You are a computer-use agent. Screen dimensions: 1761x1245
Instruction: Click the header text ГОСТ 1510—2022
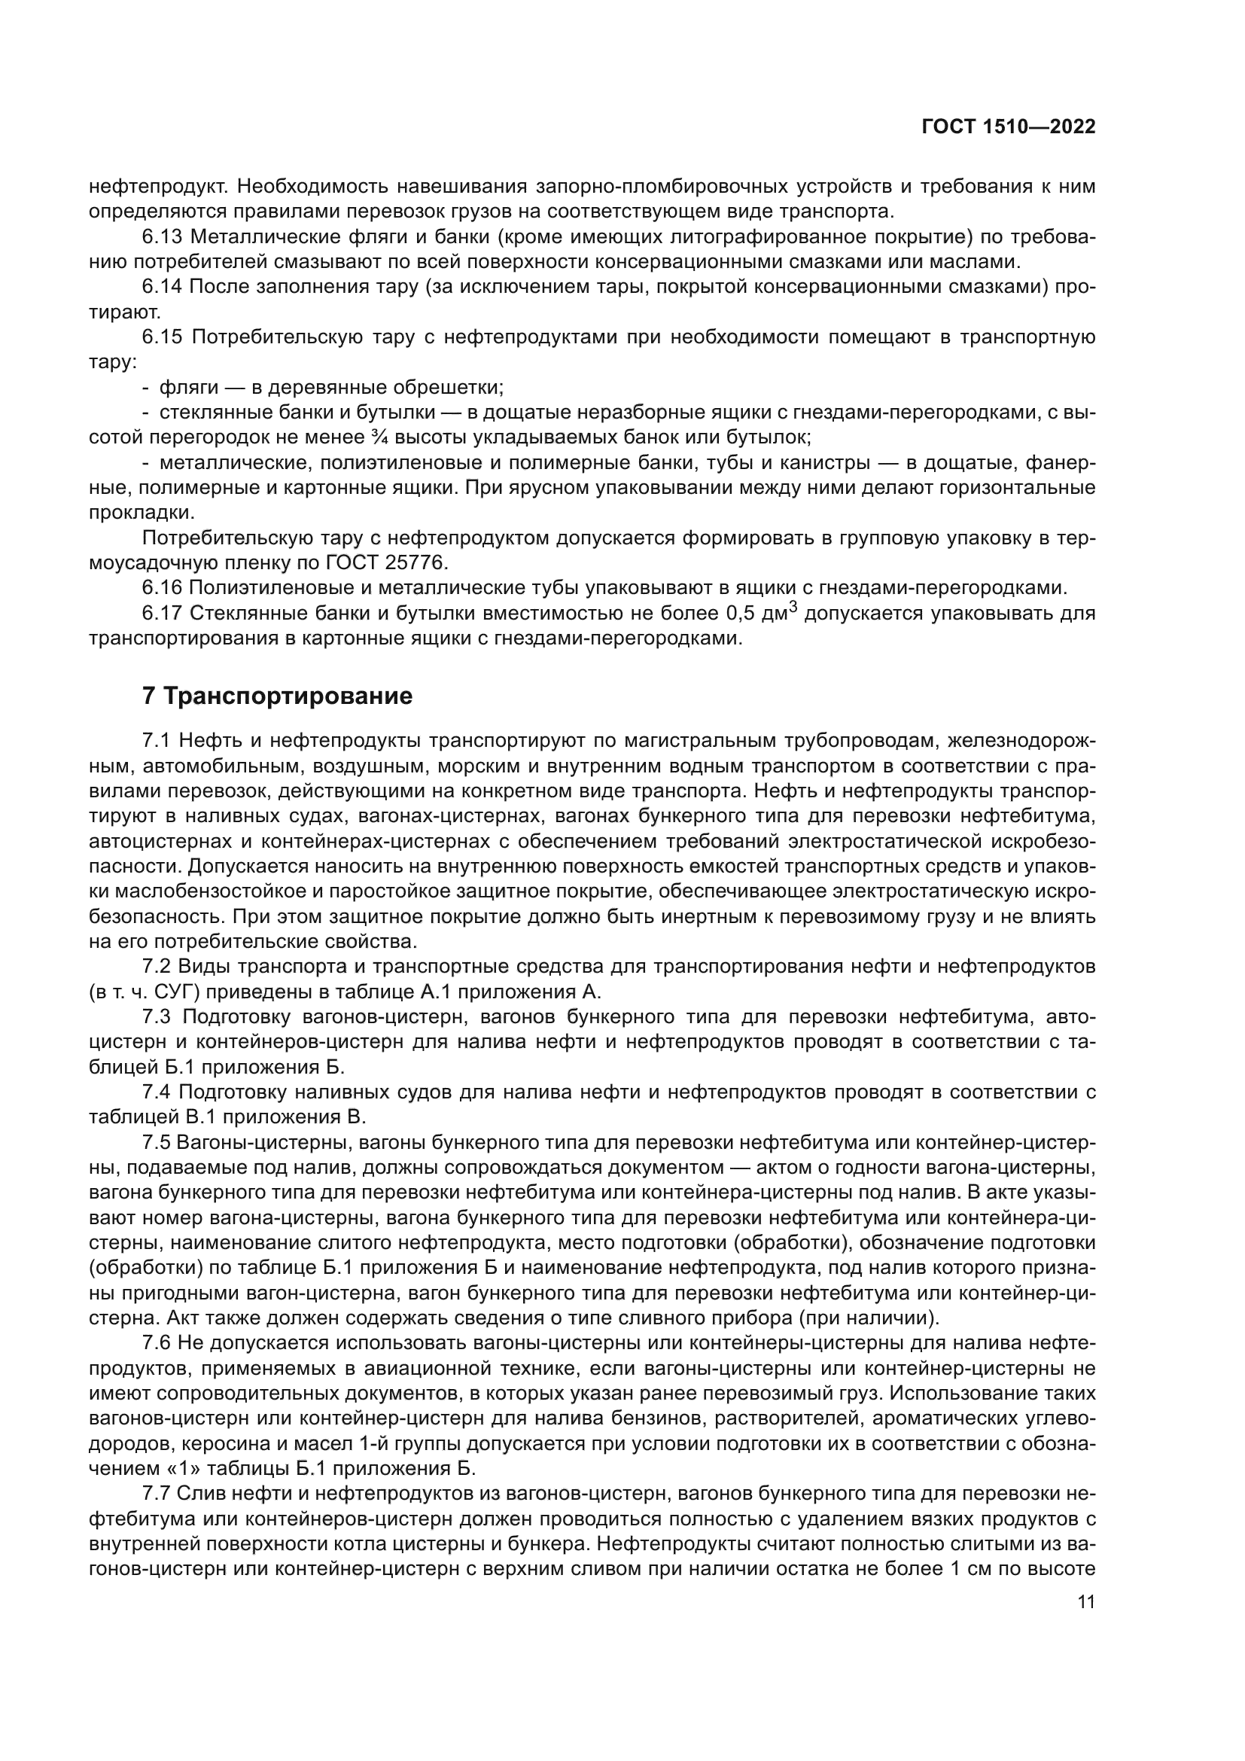[1007, 127]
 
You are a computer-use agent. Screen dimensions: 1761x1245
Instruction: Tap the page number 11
[1085, 1601]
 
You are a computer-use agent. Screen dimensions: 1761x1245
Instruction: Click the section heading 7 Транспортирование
[278, 696]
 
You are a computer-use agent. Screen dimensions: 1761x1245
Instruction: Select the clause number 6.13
[162, 236]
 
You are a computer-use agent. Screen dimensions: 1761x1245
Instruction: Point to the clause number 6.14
[162, 287]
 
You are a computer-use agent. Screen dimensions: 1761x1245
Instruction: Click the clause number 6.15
[162, 337]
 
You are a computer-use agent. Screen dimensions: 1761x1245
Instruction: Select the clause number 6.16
[162, 588]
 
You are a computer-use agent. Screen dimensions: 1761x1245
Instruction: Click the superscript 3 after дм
[793, 608]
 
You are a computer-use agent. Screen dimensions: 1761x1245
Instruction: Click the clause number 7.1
[157, 740]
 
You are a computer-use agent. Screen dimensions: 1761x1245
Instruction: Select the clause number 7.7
[157, 1493]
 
